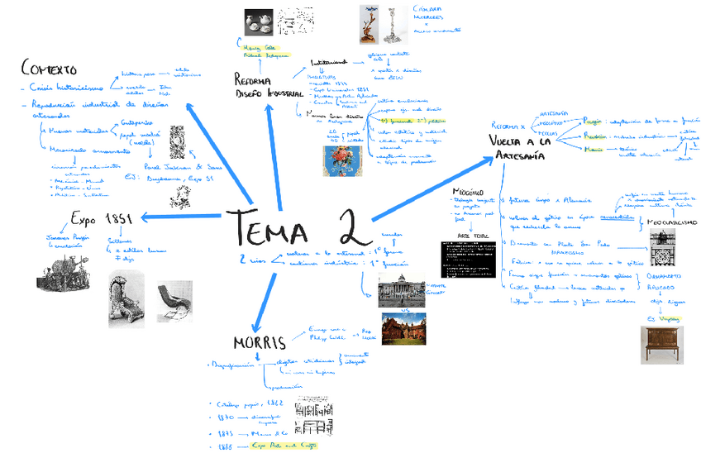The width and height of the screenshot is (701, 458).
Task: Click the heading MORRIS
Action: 259,342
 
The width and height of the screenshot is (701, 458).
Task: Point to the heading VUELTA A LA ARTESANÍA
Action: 520,148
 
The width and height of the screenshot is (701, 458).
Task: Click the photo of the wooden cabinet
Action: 661,344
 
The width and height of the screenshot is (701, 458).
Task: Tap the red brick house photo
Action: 403,327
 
